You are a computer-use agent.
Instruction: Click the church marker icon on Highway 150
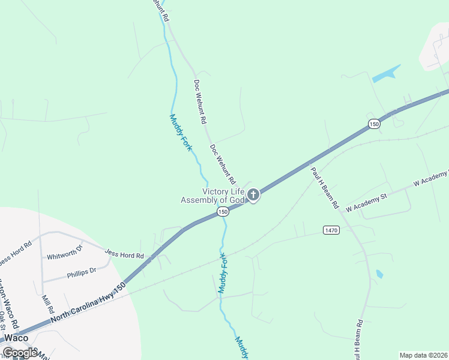tap(253, 194)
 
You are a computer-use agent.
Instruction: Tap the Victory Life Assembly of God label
tap(213, 196)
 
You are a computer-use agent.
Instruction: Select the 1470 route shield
tap(331, 230)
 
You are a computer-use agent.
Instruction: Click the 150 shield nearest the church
tap(223, 212)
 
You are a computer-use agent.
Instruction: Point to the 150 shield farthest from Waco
tap(375, 124)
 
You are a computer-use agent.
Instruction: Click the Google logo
tap(20, 353)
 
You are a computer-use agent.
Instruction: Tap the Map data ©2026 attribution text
tap(424, 355)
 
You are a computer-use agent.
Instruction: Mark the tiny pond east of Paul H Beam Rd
tap(379, 274)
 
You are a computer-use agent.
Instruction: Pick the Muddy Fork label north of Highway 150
tap(180, 133)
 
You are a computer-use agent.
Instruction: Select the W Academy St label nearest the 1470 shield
tap(367, 202)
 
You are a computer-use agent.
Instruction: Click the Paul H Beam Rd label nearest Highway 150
tap(324, 188)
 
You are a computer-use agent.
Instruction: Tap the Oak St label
tap(5, 319)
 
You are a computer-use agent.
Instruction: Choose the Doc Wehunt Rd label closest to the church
tap(222, 164)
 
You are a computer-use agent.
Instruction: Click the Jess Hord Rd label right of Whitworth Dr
tap(124, 256)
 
